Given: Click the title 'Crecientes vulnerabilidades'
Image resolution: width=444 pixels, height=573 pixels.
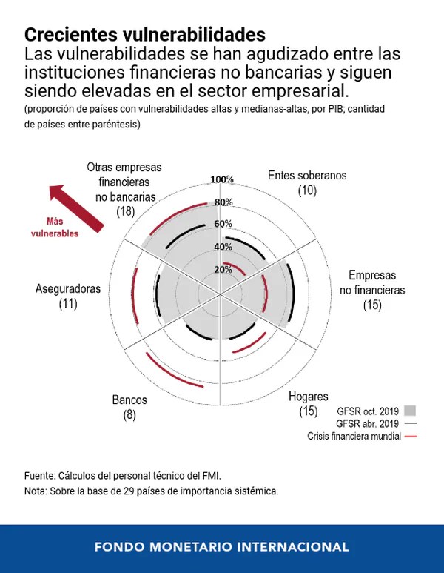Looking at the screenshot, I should (144, 35).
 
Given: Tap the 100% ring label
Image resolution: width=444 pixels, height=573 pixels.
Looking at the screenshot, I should (222, 180).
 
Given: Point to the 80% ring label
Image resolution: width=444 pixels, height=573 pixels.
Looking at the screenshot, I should (223, 202).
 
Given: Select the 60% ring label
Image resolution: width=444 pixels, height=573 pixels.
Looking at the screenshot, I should (223, 224).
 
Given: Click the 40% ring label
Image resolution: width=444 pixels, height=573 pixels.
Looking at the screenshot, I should (223, 247).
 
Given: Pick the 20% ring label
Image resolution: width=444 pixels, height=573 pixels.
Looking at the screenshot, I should (223, 269).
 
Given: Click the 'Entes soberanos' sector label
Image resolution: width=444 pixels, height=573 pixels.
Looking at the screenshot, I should (307, 176).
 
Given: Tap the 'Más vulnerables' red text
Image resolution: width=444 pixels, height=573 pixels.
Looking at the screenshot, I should (55, 228).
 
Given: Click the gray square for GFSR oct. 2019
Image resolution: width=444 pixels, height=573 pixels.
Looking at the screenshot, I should (411, 410).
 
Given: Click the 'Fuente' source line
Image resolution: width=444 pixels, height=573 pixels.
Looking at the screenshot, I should (122, 475).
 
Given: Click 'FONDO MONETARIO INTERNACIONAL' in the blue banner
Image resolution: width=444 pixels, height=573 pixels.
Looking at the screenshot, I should (222, 547).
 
